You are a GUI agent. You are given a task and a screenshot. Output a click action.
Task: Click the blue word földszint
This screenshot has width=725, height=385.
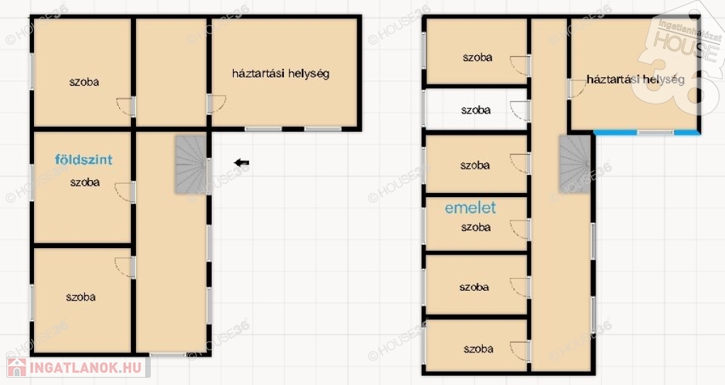point(84,160)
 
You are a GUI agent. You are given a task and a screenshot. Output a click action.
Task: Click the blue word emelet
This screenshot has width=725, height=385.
point(470,208)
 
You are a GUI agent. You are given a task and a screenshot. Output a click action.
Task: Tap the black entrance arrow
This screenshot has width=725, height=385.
point(241,162)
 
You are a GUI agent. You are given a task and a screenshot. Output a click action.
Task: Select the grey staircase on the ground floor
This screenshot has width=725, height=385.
point(190,164)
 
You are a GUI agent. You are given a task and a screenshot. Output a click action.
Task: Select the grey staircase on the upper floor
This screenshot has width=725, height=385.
point(575,164)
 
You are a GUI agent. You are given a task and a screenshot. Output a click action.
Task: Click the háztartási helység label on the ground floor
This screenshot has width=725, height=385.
point(280,74)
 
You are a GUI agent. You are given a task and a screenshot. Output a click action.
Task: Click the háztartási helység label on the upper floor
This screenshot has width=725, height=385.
point(635,79)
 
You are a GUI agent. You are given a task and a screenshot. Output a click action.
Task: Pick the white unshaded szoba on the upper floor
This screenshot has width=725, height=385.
point(476,110)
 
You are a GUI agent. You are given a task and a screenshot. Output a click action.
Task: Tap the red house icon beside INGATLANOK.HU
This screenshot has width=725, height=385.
point(17,367)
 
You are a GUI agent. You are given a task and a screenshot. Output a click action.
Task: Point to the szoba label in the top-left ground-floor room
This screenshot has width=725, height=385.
point(84,82)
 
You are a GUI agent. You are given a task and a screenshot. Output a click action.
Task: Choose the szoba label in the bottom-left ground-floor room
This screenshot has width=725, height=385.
point(81,297)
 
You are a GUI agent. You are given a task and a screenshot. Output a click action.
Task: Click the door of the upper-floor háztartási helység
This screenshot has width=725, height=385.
point(576,89)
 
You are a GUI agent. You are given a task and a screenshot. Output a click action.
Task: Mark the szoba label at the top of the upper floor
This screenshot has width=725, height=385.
point(478,57)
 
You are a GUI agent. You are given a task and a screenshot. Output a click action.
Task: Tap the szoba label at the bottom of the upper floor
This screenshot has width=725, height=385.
point(479,349)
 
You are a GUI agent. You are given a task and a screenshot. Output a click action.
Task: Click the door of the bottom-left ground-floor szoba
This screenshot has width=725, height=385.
point(125,267)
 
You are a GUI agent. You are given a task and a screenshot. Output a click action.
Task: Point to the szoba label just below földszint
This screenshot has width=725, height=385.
point(85,182)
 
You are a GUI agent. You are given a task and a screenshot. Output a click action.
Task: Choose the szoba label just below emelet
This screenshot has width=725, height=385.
point(476,227)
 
